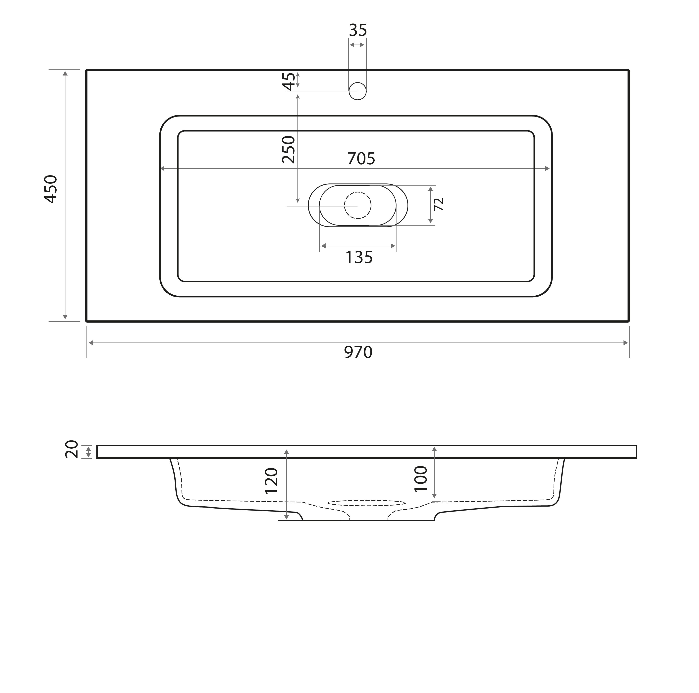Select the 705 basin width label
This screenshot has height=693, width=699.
coord(361,158)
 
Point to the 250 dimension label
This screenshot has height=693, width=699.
coord(288,150)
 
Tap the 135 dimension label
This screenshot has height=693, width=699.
coord(359,258)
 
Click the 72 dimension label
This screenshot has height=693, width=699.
coord(439,204)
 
